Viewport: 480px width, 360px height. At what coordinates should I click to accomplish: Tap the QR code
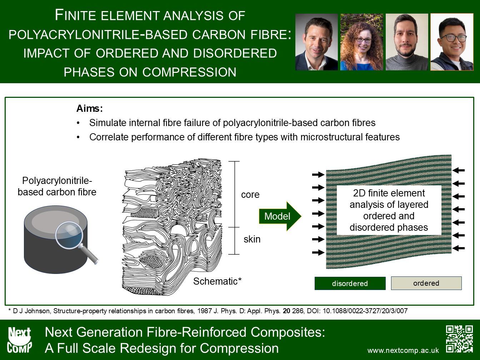(x=459, y=339)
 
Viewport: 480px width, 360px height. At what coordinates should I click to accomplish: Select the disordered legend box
(x=350, y=283)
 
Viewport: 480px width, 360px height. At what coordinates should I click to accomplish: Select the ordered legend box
(x=426, y=283)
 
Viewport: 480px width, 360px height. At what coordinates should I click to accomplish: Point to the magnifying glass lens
(x=69, y=235)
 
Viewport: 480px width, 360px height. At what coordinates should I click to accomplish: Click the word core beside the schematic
(x=250, y=195)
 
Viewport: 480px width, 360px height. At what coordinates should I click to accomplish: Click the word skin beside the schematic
(x=252, y=239)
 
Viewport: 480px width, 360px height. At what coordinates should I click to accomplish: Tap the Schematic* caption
(x=217, y=281)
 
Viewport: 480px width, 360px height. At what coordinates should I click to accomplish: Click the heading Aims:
(x=89, y=109)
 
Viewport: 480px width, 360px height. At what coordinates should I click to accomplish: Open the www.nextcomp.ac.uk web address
(x=403, y=350)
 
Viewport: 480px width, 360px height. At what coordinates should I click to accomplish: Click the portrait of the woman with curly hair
(x=362, y=42)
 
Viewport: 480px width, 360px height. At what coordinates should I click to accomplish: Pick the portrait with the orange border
(x=452, y=42)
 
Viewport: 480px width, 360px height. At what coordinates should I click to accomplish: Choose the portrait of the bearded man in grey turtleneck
(x=407, y=42)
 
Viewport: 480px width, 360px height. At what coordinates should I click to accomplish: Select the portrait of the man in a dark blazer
(x=316, y=42)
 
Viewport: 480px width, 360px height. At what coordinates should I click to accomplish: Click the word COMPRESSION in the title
(x=189, y=72)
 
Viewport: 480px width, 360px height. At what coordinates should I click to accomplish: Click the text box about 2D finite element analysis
(x=389, y=210)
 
